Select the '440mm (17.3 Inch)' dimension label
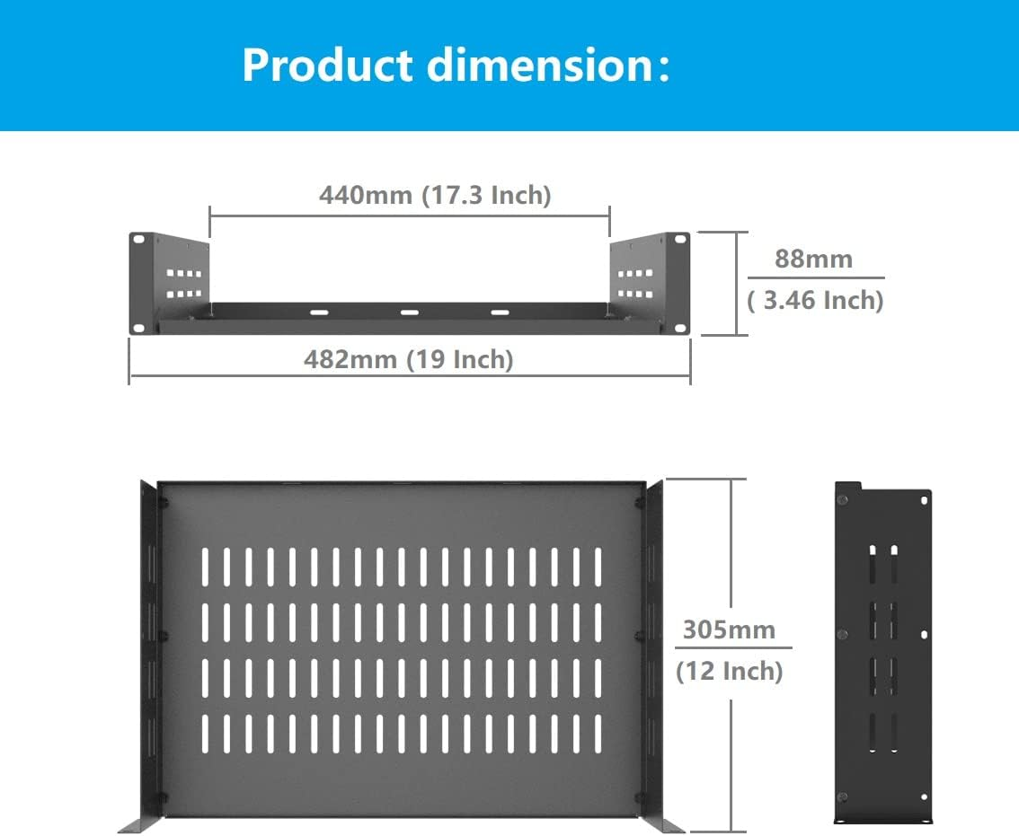[x=435, y=195]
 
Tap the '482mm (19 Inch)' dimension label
[x=409, y=359]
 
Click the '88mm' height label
[x=813, y=259]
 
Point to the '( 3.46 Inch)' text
[x=815, y=300]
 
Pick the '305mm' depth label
[x=729, y=629]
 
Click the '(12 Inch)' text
[x=729, y=671]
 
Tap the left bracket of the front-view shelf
[x=171, y=279]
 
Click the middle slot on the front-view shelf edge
[x=410, y=312]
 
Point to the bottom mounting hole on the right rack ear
[x=681, y=327]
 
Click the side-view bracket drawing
[x=882, y=653]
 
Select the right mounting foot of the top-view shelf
[x=662, y=825]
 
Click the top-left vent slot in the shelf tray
[x=205, y=567]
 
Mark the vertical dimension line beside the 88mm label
[x=738, y=283]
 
